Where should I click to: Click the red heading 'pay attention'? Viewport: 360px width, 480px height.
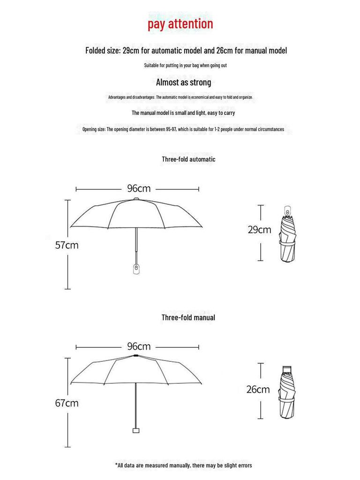pyautogui.click(x=180, y=24)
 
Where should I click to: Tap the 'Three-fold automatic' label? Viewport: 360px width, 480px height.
pyautogui.click(x=188, y=159)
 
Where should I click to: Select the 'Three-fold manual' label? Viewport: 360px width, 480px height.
pyautogui.click(x=188, y=318)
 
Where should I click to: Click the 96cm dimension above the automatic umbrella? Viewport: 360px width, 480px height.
pyautogui.click(x=139, y=188)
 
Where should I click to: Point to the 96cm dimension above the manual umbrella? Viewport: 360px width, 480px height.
pyautogui.click(x=139, y=347)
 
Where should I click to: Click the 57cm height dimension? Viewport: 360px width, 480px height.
pyautogui.click(x=67, y=245)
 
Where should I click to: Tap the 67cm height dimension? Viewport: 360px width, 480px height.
pyautogui.click(x=67, y=403)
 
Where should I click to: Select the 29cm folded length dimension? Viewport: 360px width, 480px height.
pyautogui.click(x=259, y=230)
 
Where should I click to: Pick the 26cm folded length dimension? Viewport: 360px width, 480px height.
pyautogui.click(x=258, y=389)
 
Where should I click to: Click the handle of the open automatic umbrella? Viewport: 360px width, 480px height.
pyautogui.click(x=136, y=269)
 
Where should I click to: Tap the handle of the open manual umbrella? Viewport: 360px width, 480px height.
pyautogui.click(x=136, y=430)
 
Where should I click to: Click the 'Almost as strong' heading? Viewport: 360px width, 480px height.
pyautogui.click(x=183, y=82)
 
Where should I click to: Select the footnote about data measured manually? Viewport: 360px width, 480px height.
pyautogui.click(x=183, y=465)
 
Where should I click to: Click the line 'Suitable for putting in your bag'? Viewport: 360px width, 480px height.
pyautogui.click(x=185, y=66)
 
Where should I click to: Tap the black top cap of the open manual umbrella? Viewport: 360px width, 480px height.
pyautogui.click(x=136, y=357)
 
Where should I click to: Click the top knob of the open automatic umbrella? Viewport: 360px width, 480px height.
pyautogui.click(x=136, y=199)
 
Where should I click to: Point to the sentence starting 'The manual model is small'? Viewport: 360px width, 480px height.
pyautogui.click(x=183, y=113)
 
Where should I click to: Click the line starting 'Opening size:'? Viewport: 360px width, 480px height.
pyautogui.click(x=183, y=129)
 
